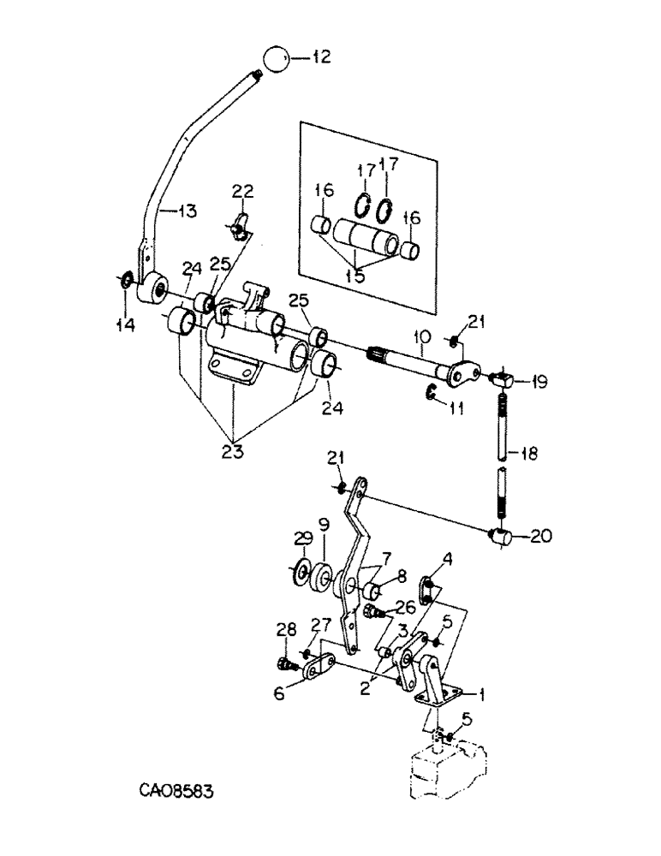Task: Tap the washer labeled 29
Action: (301, 568)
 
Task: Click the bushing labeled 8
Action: (374, 591)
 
